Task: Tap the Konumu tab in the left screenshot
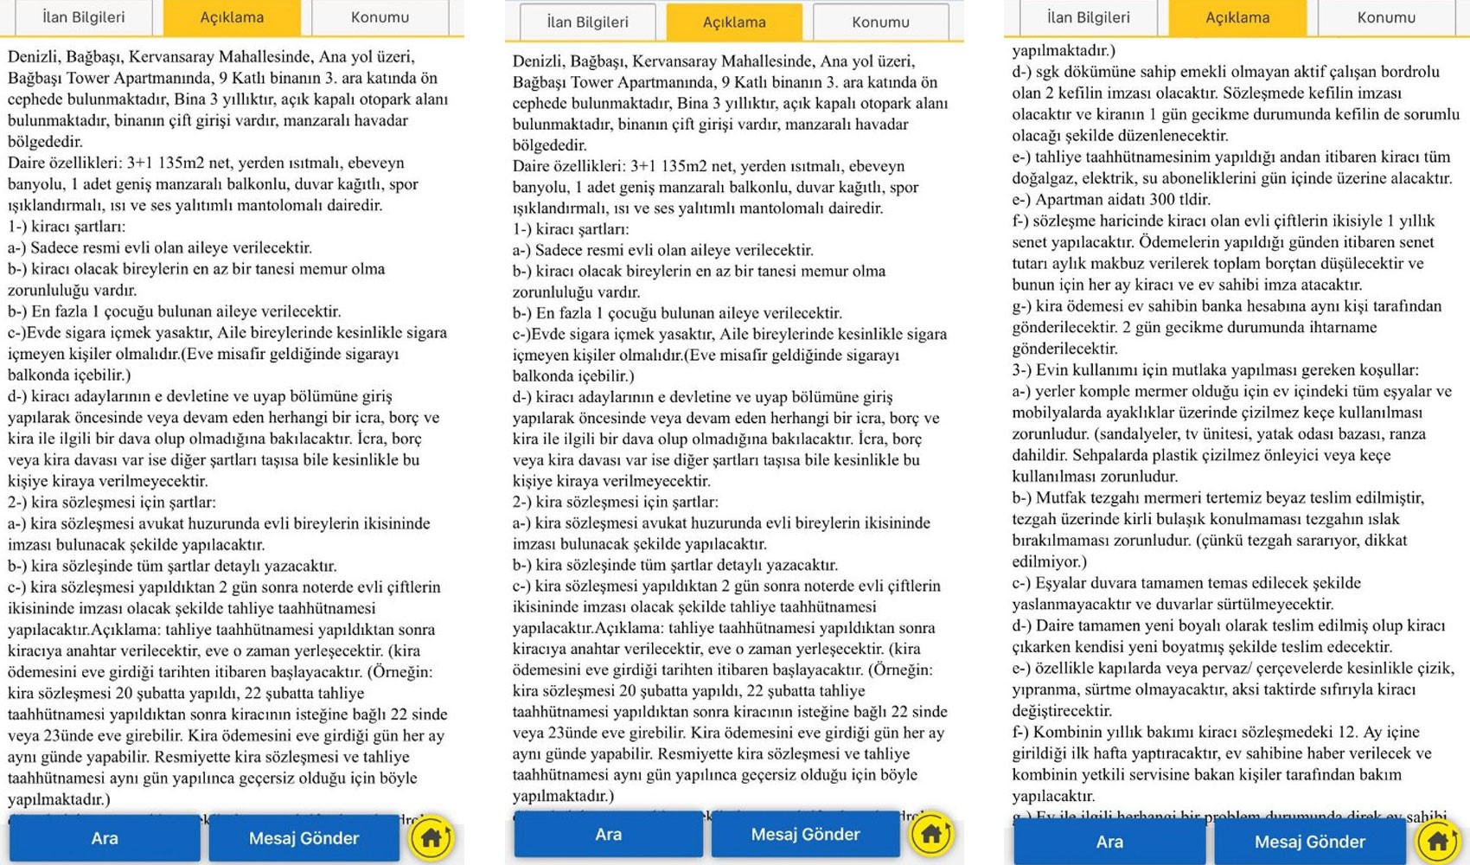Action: (380, 17)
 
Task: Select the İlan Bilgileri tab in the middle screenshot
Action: (588, 22)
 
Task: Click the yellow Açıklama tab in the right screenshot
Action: (1237, 17)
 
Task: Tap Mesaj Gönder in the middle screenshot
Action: (805, 835)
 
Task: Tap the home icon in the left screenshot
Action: (431, 837)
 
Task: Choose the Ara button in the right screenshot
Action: (1109, 842)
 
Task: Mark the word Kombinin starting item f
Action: (1070, 732)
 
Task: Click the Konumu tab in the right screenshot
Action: (1386, 17)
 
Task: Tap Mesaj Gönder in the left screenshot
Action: (304, 837)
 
